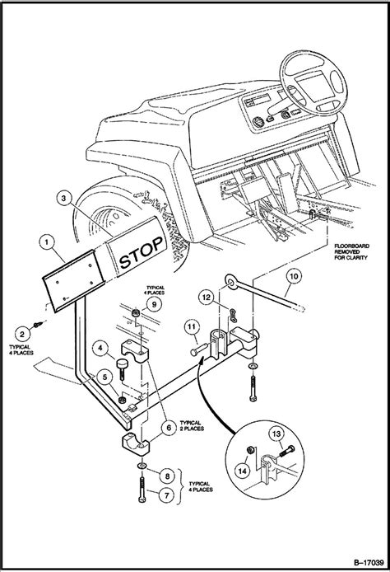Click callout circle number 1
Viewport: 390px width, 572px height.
tap(48, 243)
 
